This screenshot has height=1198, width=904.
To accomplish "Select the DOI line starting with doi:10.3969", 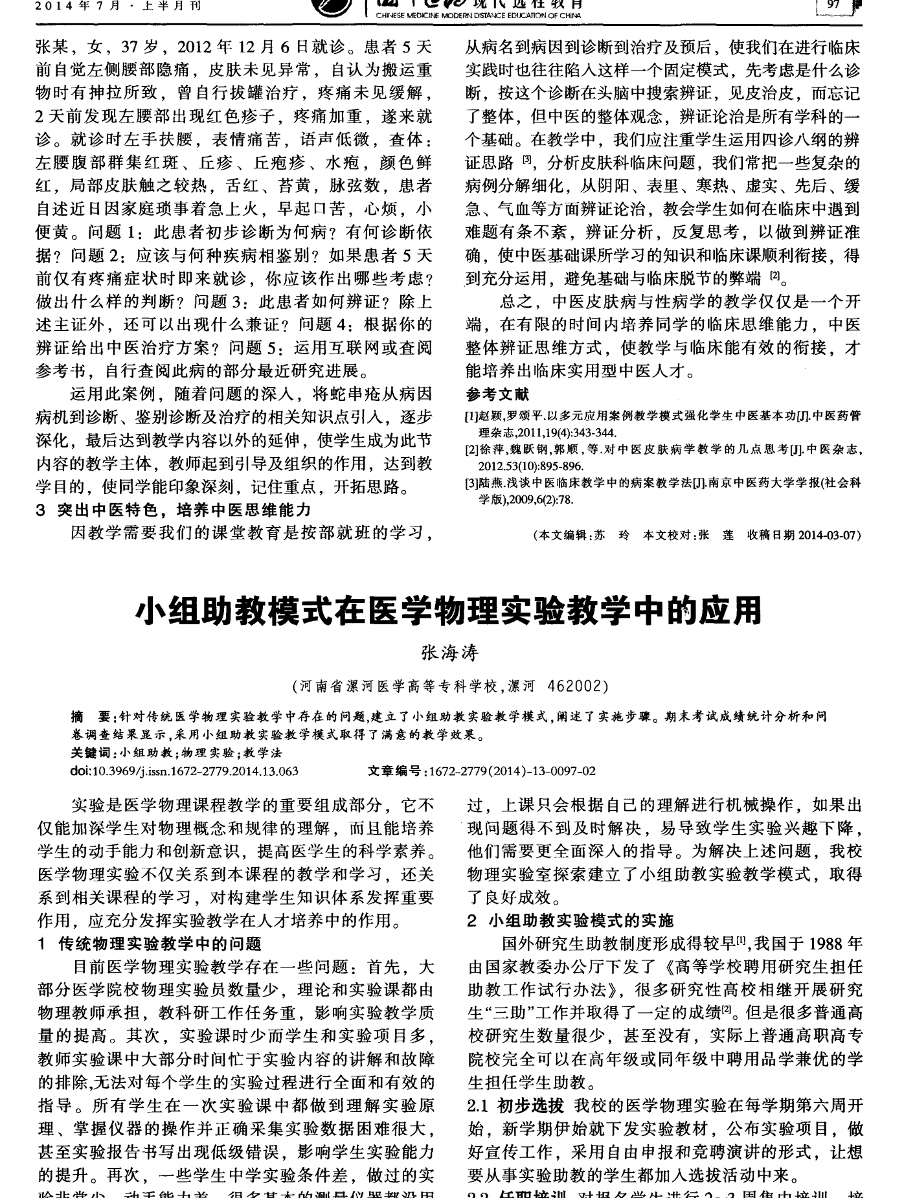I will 185,771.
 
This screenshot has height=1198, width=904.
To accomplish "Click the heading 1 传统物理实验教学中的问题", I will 150,944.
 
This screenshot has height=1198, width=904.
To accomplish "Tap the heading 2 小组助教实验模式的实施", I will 571,920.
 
